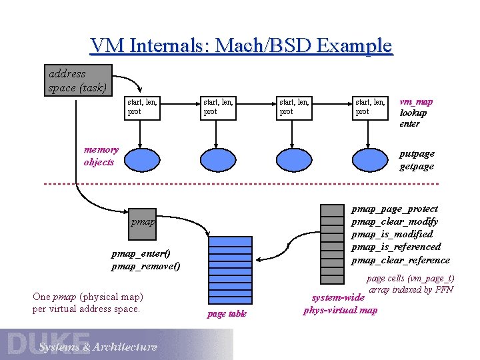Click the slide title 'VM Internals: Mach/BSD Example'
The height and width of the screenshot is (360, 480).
point(241,45)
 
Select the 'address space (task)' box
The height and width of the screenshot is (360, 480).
point(78,80)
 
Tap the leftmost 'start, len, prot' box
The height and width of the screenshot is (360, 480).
point(142,107)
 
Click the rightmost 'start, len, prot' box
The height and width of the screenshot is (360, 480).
point(370,107)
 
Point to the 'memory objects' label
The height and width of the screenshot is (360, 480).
point(101,156)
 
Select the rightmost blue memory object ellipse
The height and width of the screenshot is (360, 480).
point(370,160)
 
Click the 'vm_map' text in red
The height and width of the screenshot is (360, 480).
point(416,101)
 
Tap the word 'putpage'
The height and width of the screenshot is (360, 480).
point(417,153)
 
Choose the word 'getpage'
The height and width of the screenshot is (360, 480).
point(417,166)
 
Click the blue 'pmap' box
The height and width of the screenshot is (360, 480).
point(143,221)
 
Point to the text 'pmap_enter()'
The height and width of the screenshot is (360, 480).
point(141,253)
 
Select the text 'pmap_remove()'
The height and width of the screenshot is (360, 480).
point(145,266)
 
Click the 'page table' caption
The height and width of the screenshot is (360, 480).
point(227,313)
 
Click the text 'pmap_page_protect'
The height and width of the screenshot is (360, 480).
point(395,209)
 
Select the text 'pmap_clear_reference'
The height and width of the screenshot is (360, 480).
point(400,260)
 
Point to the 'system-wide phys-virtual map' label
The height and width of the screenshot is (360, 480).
point(339,303)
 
